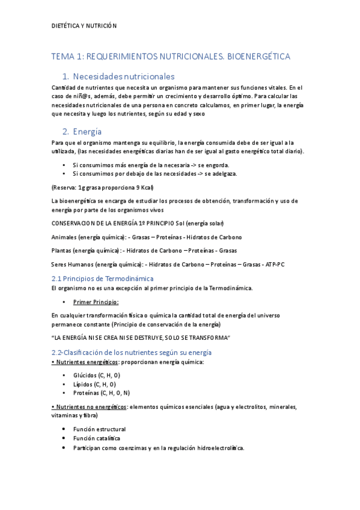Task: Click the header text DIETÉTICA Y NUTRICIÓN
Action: coord(84,26)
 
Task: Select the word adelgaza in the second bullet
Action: coord(221,174)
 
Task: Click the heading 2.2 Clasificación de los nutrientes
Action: coord(131,352)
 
